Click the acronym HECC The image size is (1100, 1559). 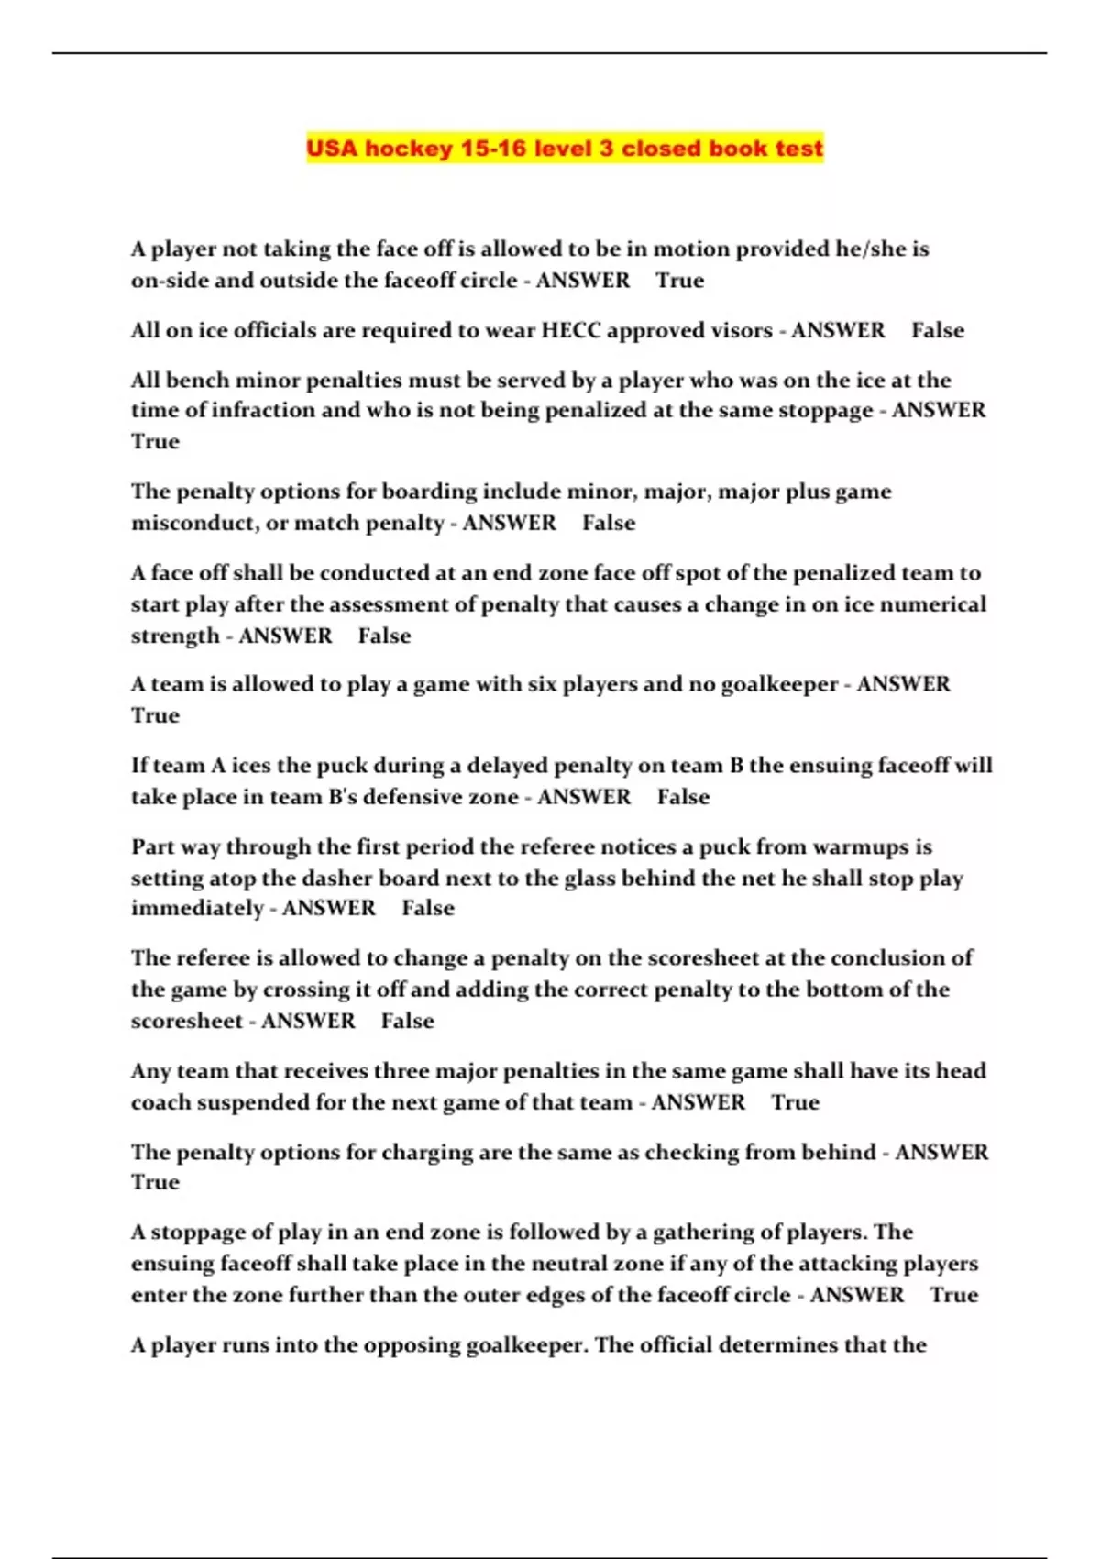(x=570, y=330)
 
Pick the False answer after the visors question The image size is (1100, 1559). (x=937, y=330)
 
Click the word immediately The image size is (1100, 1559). (x=197, y=909)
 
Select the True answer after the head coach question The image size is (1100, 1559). (x=795, y=1102)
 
